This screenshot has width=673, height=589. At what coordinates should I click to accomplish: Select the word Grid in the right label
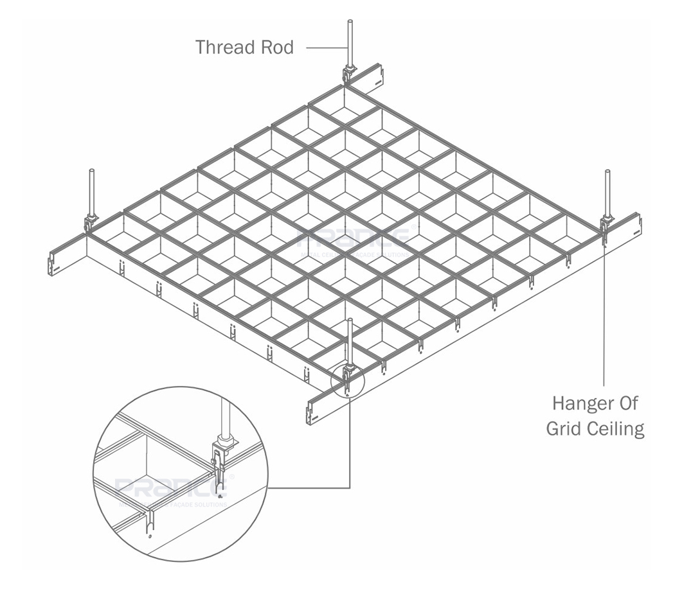pyautogui.click(x=564, y=428)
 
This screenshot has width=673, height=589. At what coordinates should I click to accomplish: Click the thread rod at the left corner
pyautogui.click(x=91, y=190)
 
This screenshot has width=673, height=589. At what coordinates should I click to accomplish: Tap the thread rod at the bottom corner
pyautogui.click(x=349, y=340)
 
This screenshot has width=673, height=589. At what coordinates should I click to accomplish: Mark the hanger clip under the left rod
pyautogui.click(x=91, y=222)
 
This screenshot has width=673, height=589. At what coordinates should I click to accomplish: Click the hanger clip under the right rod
pyautogui.click(x=606, y=225)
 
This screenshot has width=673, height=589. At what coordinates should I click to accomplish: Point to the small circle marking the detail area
pyautogui.click(x=347, y=383)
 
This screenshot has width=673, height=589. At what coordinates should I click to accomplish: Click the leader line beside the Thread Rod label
pyautogui.click(x=325, y=47)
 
